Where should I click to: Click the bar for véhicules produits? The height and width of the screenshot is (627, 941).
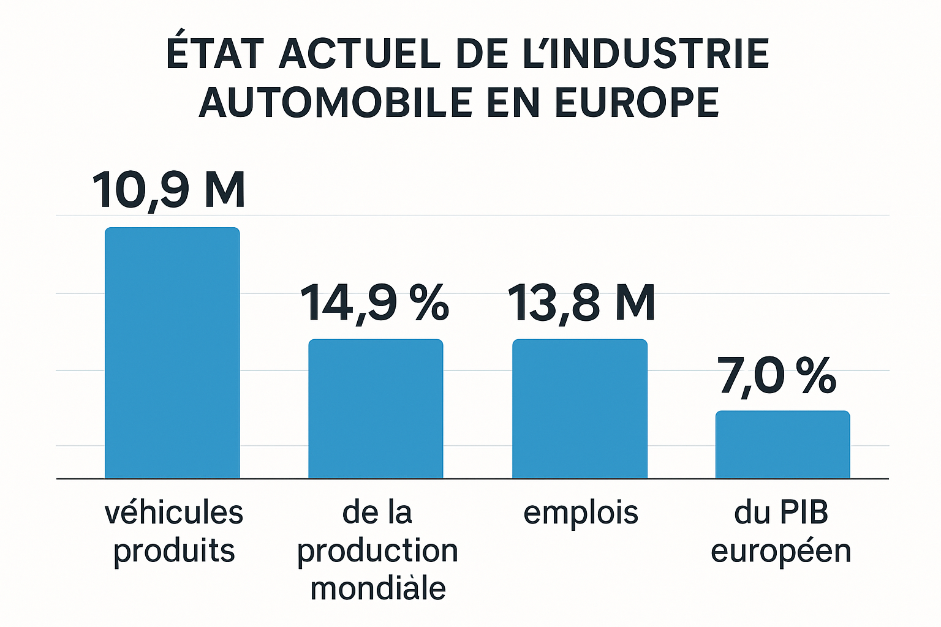click(172, 353)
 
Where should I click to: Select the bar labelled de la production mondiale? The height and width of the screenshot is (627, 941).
click(376, 408)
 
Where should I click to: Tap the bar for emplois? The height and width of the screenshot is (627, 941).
click(580, 408)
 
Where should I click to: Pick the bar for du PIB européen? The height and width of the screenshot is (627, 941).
click(782, 445)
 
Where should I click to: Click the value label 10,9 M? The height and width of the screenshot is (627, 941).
click(169, 190)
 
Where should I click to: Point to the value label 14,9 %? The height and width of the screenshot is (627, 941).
click(374, 302)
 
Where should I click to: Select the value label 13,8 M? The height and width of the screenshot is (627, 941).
click(581, 302)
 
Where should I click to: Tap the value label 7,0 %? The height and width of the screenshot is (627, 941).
click(777, 375)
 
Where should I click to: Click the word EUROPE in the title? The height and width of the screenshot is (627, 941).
click(637, 102)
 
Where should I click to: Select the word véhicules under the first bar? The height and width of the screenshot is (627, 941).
click(174, 512)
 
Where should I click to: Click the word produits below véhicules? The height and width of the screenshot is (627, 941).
click(174, 550)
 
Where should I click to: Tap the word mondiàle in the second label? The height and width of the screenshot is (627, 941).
click(378, 588)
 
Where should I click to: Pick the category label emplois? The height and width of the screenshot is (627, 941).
click(581, 512)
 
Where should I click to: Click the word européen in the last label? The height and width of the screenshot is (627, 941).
click(781, 551)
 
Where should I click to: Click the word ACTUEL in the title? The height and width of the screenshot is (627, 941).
click(360, 54)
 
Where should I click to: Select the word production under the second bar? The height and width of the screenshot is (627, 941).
click(378, 551)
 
